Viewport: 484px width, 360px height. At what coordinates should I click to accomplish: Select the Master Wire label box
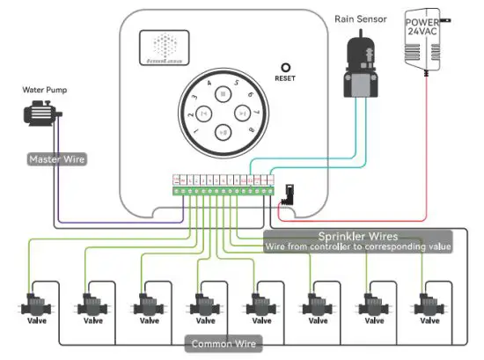(56, 159)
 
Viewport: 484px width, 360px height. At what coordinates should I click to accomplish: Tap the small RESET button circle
(285, 66)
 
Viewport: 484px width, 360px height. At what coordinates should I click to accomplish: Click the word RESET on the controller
(285, 78)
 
